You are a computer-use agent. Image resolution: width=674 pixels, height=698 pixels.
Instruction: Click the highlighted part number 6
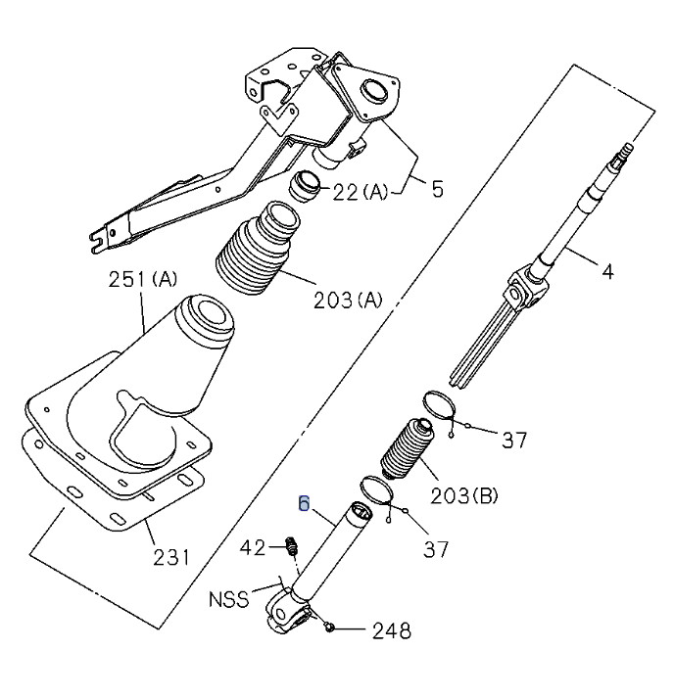coord(304,504)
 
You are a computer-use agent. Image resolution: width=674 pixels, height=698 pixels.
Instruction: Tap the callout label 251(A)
coord(142,280)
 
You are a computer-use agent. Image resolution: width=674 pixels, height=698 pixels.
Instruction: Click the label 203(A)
coord(347,301)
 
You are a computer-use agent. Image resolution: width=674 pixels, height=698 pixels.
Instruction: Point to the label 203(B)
coord(463,495)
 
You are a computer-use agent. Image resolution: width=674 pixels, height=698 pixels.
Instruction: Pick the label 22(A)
coord(359,193)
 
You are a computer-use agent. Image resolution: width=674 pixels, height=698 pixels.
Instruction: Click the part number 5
coord(437,188)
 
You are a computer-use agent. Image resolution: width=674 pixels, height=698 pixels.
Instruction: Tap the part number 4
coord(607,271)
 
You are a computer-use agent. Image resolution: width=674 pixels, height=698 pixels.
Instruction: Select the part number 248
coord(391,631)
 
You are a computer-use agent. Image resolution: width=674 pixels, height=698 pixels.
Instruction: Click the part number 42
coord(253,547)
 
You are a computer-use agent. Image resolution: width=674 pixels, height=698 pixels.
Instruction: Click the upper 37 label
coord(514,440)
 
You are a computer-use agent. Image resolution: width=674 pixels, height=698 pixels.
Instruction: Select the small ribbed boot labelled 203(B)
coord(403,451)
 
